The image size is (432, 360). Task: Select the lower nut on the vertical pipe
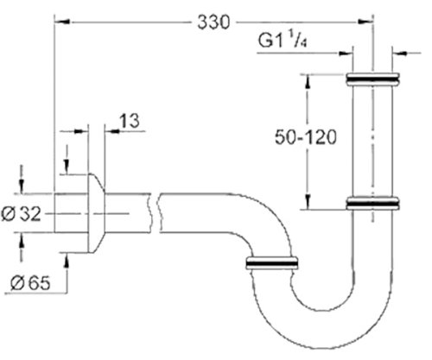372,204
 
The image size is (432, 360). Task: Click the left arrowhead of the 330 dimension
60,17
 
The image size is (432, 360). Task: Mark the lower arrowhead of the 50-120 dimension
307,205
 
